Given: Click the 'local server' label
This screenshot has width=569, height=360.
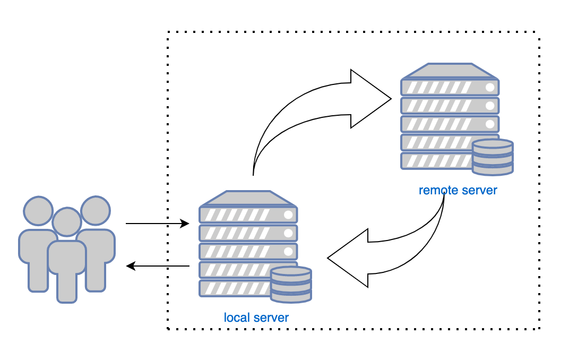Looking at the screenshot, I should click(x=256, y=318).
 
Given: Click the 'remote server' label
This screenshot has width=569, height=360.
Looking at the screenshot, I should click(x=458, y=190).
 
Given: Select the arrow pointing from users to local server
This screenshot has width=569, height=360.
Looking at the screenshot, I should click(x=157, y=224).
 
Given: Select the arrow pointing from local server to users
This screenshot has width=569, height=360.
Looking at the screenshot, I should click(x=158, y=265).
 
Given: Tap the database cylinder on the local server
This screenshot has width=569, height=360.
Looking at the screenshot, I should click(x=290, y=285).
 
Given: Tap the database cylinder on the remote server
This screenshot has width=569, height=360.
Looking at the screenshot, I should click(x=493, y=157).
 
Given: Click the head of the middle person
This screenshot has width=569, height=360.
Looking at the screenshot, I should click(x=67, y=222).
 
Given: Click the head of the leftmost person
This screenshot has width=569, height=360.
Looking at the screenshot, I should click(x=39, y=211).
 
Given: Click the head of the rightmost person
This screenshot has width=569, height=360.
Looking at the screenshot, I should click(x=96, y=211).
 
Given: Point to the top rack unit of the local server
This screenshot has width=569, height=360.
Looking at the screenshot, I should click(x=248, y=215).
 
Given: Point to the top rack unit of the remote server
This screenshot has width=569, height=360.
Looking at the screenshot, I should click(x=450, y=87).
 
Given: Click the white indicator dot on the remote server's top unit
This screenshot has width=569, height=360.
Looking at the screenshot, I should click(x=490, y=87).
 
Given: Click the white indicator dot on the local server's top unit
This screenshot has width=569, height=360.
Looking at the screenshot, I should click(x=288, y=215).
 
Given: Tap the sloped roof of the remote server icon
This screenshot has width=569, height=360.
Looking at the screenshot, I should click(x=450, y=71).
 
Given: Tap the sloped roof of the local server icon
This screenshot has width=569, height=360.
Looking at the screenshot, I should click(x=248, y=198).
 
